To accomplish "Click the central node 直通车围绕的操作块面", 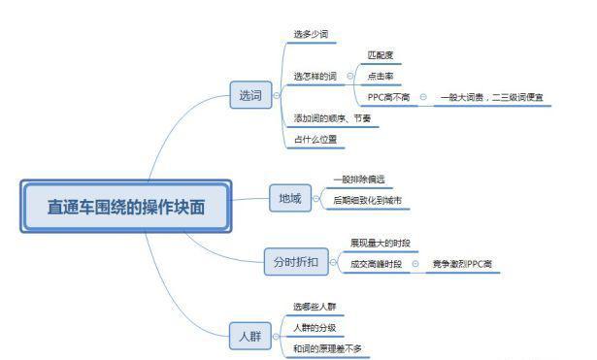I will (126, 206).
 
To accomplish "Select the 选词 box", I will (250, 95).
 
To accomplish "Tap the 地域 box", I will (290, 200).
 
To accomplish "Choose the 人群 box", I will (250, 337).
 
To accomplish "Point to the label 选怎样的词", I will (315, 75).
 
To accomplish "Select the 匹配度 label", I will (381, 55).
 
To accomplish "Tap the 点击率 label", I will (381, 76).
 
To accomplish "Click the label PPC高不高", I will (388, 97).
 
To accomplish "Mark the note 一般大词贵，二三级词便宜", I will (491, 97).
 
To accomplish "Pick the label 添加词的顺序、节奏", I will (331, 118).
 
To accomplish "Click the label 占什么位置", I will (315, 139).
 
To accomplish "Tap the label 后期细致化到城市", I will (366, 200).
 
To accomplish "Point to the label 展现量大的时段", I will (381, 242).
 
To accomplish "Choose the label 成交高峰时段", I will (377, 263).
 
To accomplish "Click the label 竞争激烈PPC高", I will (462, 263).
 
